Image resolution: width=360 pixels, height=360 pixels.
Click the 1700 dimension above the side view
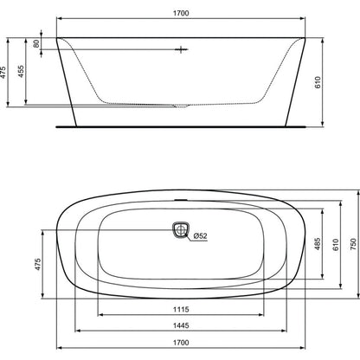pos(181,13)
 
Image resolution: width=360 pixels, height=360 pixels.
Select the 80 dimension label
pos(36,43)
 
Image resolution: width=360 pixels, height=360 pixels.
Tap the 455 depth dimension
pos(21,72)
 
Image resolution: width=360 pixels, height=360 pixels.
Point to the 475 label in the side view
pos(3,73)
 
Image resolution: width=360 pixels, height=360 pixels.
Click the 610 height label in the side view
pos(318,82)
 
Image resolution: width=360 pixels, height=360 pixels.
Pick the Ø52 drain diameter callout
pos(200,236)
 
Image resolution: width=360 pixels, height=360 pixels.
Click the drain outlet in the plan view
pos(181,230)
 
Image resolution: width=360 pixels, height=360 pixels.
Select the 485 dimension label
pos(317,244)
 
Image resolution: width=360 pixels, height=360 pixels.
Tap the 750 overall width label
pos(353,244)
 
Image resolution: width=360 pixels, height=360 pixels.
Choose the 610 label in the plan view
pos(336,245)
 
